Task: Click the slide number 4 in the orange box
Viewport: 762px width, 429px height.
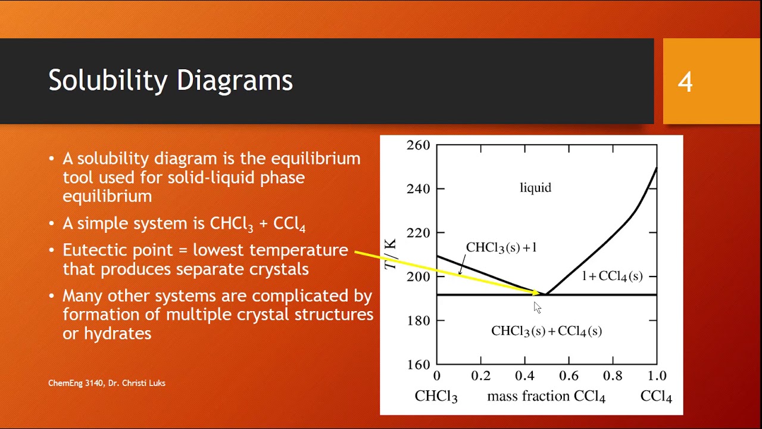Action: (685, 82)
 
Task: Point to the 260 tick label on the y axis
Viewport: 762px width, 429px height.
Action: (418, 145)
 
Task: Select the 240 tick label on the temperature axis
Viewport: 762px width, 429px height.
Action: (418, 189)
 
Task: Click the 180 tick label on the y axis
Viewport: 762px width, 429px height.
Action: (418, 321)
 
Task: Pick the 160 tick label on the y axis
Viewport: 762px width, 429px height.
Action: (418, 364)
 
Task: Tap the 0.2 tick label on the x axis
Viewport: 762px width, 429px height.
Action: (480, 376)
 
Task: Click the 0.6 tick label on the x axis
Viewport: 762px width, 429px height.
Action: (569, 376)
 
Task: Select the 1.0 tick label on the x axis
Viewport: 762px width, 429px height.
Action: (656, 376)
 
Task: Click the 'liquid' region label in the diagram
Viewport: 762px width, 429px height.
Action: (536, 188)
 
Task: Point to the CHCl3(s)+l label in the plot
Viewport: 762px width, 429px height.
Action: (501, 247)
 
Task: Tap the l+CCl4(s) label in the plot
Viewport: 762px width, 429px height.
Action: (612, 276)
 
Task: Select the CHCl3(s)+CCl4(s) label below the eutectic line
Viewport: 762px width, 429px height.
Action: (546, 331)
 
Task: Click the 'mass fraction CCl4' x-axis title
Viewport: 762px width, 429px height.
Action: (546, 397)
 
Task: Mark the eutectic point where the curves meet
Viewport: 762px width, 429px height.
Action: (546, 294)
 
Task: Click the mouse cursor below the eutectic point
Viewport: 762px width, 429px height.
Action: (537, 307)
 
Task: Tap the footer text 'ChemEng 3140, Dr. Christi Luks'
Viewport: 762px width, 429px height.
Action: (107, 383)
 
